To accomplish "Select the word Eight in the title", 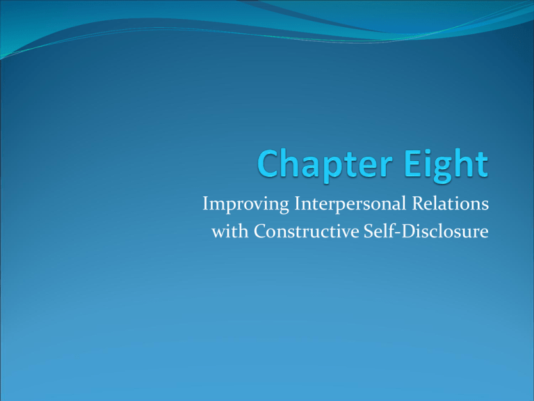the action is coord(446,164).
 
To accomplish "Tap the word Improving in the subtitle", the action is coord(245,205).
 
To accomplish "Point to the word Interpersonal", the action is coord(350,205).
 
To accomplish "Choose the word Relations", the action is coord(451,203).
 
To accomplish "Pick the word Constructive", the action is coord(307,231).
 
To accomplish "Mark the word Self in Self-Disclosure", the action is coord(375,231).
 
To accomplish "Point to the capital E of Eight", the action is coord(413,164).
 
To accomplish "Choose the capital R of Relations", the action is coord(419,203).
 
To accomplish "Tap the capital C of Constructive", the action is coord(261,231).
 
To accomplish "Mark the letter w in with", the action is coord(219,234).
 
